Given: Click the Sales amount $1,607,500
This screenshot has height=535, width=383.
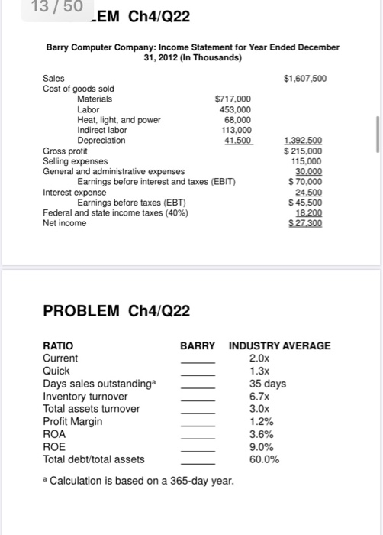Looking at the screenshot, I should click(304, 78).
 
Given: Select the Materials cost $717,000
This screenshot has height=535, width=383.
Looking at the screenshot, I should click(233, 99).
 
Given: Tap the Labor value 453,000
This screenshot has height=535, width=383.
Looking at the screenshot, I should click(237, 109).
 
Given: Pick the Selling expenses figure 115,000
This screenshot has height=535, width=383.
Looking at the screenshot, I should click(307, 161).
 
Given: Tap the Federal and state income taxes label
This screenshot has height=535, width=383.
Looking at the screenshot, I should click(115, 212).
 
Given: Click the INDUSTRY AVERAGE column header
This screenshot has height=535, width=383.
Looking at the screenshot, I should click(280, 345).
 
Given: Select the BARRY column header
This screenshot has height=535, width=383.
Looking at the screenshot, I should click(198, 345).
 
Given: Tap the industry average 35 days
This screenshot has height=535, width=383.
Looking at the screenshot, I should click(268, 384).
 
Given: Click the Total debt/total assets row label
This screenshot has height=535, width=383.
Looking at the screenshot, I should click(94, 459).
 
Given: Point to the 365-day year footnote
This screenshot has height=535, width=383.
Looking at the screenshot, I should click(142, 480).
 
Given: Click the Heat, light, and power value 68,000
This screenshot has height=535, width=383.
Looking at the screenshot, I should click(238, 120).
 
